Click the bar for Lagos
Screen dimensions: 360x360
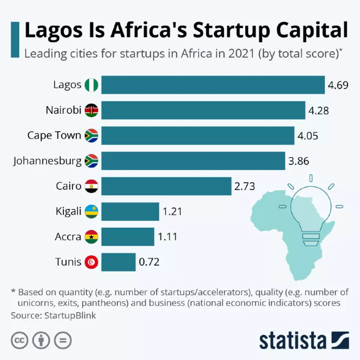213,85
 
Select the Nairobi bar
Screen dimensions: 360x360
203,110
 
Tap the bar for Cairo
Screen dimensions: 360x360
166,186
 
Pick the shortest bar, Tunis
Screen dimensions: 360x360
118,262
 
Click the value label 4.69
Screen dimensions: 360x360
339,85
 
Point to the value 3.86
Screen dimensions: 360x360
299,161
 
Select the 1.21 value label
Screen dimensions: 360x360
172,212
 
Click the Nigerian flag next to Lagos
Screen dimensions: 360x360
91,85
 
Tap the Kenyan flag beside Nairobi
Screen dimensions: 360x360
91,110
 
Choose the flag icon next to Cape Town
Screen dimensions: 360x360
91,135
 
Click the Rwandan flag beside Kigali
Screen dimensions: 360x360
91,212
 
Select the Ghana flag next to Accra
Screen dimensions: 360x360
91,237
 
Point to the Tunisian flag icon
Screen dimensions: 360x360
91,262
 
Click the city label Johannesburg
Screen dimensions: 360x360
47,161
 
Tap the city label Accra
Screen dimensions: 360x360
68,237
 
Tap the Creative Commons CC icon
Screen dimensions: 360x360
20,340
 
